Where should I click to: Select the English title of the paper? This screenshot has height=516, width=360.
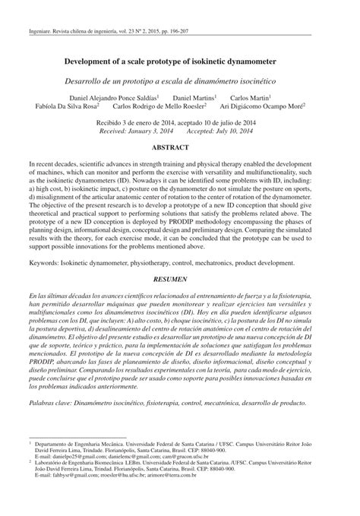click(x=180, y=61)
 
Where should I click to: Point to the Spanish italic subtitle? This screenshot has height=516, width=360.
click(x=180, y=81)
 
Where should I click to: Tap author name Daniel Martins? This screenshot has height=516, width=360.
click(x=194, y=99)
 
